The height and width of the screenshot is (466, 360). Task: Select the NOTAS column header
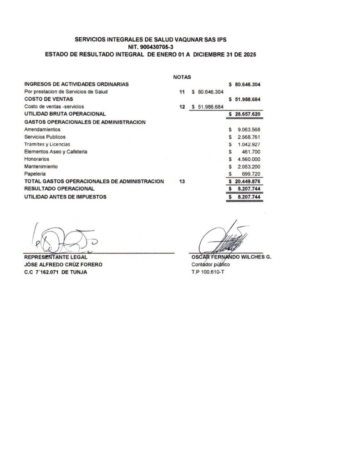182,77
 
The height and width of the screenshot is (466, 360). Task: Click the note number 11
182,92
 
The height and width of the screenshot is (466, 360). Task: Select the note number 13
182,181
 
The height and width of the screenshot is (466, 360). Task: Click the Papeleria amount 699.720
251,174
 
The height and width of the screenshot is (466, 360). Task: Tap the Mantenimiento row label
41,167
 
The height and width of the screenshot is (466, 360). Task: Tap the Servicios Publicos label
45,137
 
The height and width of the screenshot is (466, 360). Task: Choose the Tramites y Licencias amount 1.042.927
249,144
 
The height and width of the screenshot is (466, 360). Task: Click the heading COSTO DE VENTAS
49,99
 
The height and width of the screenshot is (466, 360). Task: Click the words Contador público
211,264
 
